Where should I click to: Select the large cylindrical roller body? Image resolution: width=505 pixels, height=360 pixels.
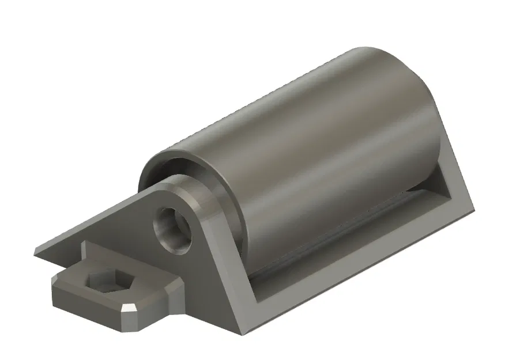coord(323,144)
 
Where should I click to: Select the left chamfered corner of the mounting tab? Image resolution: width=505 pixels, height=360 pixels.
coord(55,282)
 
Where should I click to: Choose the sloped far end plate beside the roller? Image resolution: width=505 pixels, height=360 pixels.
coord(455,173)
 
